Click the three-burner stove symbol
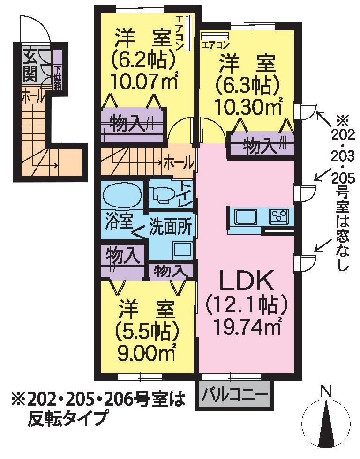coord(279,217)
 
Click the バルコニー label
coord(235,395)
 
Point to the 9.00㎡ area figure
coord(146,352)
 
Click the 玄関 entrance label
coord(30,67)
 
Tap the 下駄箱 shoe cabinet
coord(58,69)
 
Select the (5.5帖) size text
coord(146,332)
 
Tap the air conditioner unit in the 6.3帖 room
coord(215,37)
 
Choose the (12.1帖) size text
coord(248,305)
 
